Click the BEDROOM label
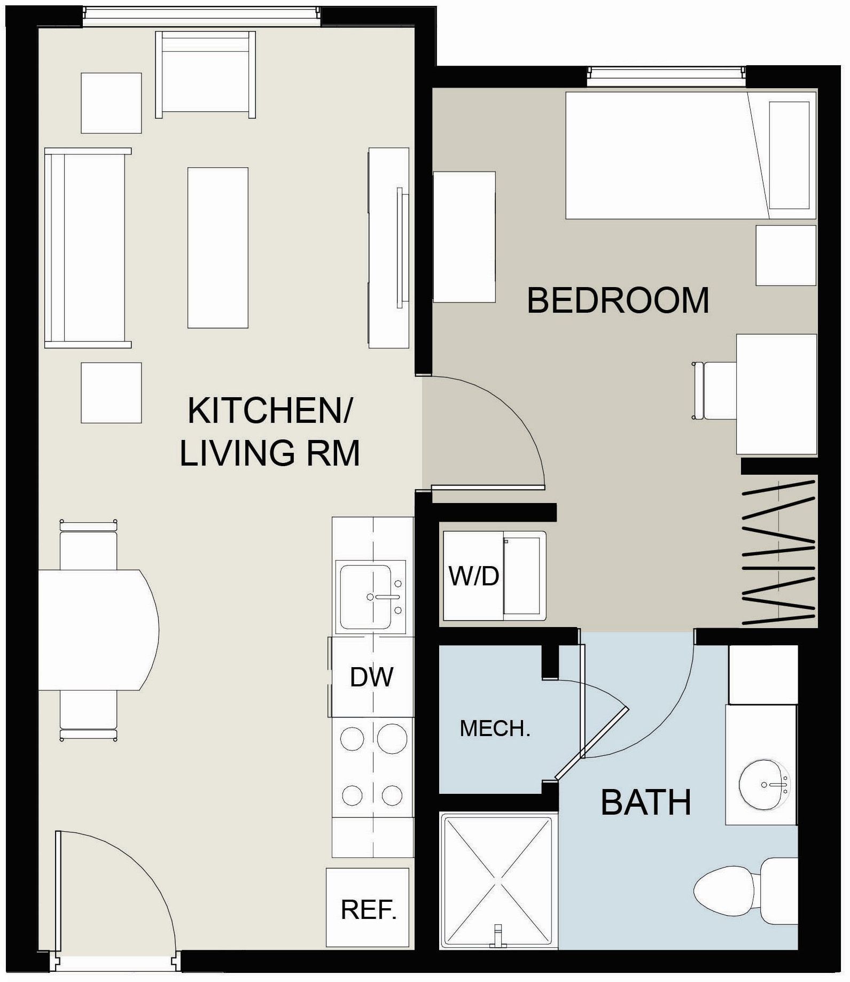[x=618, y=300]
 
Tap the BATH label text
[x=645, y=802]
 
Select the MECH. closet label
[x=495, y=729]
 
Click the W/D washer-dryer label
[x=473, y=576]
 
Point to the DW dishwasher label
[x=372, y=677]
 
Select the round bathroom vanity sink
[x=763, y=785]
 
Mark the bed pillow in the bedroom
[x=789, y=155]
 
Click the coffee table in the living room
[x=217, y=248]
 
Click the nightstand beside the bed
[x=785, y=256]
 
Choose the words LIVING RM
[x=270, y=453]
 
